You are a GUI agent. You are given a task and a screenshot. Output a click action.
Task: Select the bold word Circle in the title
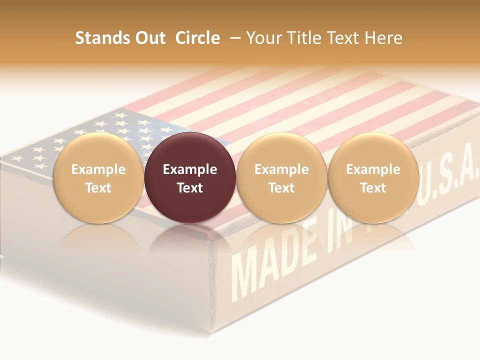tap(197, 38)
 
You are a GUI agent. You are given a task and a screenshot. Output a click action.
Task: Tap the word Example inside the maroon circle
tap(190, 169)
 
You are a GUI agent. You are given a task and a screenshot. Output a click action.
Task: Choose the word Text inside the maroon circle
tap(190, 188)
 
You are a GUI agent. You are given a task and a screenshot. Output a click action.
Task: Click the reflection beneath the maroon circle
tap(190, 240)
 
